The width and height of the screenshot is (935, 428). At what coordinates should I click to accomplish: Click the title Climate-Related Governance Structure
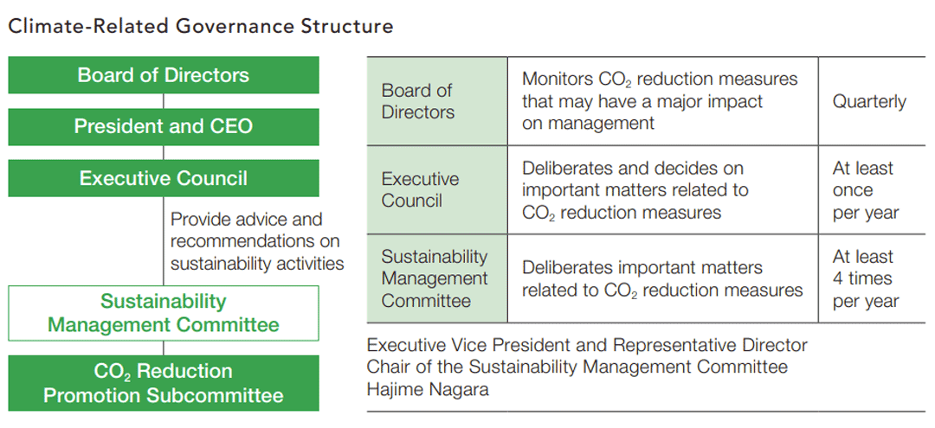pyautogui.click(x=200, y=27)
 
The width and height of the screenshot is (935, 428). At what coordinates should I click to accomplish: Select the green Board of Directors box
pyautogui.click(x=164, y=75)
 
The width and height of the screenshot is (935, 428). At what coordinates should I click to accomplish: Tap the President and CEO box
pyautogui.click(x=164, y=126)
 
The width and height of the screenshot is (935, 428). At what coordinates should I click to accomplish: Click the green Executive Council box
pyautogui.click(x=164, y=178)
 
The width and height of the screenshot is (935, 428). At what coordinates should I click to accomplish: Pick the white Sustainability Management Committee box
pyautogui.click(x=164, y=313)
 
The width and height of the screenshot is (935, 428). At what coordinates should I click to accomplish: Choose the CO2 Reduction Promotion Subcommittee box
pyautogui.click(x=164, y=383)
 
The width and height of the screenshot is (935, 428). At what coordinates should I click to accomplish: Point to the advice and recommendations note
pyautogui.click(x=258, y=241)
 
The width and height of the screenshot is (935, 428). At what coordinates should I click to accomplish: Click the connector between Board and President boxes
pyautogui.click(x=164, y=101)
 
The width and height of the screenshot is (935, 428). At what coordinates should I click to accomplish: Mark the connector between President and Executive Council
pyautogui.click(x=164, y=152)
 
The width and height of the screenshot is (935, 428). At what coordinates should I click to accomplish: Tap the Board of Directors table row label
pyautogui.click(x=437, y=101)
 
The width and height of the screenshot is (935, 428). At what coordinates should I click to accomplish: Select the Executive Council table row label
pyautogui.click(x=437, y=189)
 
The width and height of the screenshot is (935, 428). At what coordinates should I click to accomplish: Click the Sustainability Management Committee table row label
pyautogui.click(x=437, y=278)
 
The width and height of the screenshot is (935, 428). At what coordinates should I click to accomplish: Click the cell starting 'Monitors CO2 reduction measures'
pyautogui.click(x=663, y=101)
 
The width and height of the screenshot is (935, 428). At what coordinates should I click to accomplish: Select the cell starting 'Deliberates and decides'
pyautogui.click(x=663, y=189)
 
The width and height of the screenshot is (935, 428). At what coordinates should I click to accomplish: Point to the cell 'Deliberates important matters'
pyautogui.click(x=663, y=278)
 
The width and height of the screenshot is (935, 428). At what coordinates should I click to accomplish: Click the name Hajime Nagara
pyautogui.click(x=429, y=390)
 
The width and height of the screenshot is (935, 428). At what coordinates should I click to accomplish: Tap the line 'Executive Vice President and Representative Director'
pyautogui.click(x=587, y=345)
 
